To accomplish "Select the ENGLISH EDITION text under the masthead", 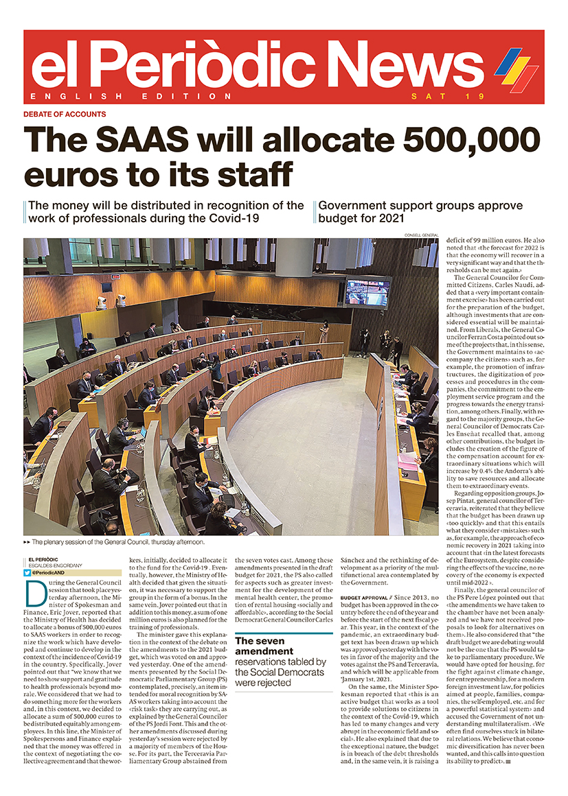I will click(x=131, y=96).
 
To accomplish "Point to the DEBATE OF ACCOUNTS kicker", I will click(x=65, y=114).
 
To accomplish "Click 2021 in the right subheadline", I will click(x=387, y=218).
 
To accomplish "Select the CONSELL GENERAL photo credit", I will click(x=422, y=235).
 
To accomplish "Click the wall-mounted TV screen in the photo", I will click(x=367, y=292).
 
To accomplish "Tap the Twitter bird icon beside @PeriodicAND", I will click(x=27, y=572).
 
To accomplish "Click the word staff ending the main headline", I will click(x=249, y=174).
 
